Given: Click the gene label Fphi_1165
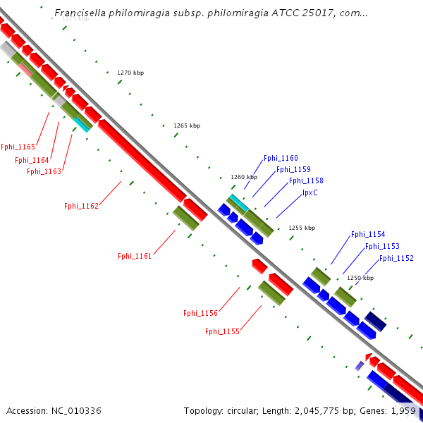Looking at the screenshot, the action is coord(18,147).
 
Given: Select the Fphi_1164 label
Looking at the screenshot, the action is coord(32,160).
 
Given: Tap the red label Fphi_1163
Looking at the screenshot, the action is coord(44,171).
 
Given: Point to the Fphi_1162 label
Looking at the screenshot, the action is coord(81,206).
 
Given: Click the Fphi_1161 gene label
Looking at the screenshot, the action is coord(135,256).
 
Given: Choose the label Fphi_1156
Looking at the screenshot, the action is coord(200,313).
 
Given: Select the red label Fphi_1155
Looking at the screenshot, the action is coord(222,331).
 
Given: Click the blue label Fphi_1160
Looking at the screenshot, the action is coord(281,159).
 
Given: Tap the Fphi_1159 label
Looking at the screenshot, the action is coord(293,169).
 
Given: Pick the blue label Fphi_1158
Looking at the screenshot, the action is coord(306,180).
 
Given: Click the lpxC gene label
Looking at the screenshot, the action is coord(310,192).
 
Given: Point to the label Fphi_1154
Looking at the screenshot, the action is coord(368,234).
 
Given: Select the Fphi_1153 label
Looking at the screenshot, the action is coord(382,246).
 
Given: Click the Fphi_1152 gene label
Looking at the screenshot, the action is coord(396,258).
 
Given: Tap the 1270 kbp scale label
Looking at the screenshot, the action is coord(130,73).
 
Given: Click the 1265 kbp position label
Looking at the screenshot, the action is coord(187,125).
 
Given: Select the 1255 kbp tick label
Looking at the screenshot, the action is coord(302,228).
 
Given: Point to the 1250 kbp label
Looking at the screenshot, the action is coord(360,278).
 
